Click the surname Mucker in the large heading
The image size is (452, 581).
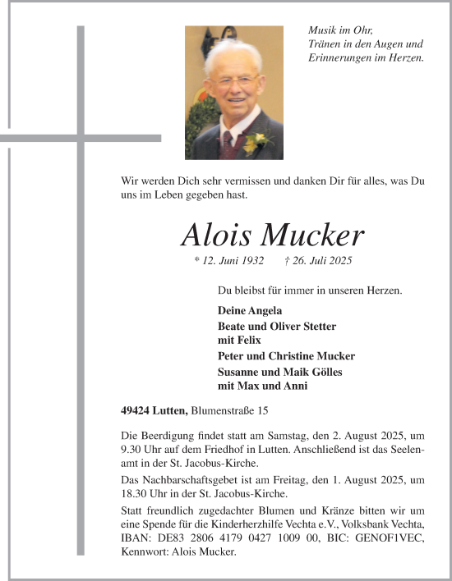pos(311,236)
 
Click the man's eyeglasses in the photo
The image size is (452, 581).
pos(233,87)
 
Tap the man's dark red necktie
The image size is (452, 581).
pos(227,144)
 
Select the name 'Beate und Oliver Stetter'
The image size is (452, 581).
pos(277,327)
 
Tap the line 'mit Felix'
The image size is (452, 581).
pos(239,340)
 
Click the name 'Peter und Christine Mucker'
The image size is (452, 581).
pos(286,356)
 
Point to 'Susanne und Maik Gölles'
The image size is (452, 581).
pos(279,372)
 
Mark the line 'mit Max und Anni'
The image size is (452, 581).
pos(256,385)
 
